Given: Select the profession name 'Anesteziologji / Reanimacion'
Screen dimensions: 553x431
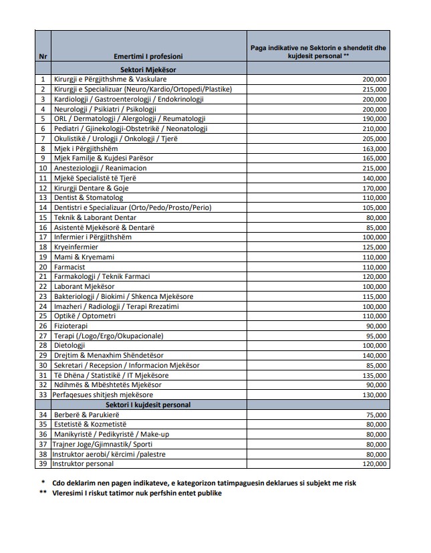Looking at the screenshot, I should pos(100,168).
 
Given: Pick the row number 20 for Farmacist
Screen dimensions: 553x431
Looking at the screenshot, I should pos(43,267).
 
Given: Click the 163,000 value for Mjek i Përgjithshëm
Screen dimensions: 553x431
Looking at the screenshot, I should pos(375,148).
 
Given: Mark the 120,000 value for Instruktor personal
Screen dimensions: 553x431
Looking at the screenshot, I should pos(375,464).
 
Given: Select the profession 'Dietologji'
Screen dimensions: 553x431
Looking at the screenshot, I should pos(69,346).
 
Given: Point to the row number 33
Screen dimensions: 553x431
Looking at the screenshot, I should pos(43,395).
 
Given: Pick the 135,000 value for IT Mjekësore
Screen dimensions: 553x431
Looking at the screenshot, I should pos(375,375).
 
